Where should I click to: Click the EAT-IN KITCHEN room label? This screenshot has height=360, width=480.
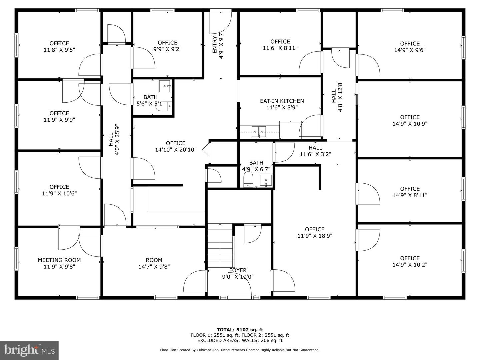(x=282, y=101)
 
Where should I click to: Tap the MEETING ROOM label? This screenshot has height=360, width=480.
(x=59, y=260)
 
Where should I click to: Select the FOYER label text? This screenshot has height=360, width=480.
(x=238, y=270)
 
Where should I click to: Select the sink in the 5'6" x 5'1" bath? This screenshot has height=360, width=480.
(x=165, y=86)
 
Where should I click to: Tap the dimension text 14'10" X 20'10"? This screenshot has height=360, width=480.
(x=176, y=150)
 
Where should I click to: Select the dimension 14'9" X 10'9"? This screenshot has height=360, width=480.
(x=410, y=124)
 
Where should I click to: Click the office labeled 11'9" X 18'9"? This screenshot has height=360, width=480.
(x=315, y=233)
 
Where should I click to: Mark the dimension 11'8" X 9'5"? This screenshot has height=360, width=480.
(x=59, y=50)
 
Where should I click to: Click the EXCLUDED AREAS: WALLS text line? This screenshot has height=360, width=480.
(x=240, y=340)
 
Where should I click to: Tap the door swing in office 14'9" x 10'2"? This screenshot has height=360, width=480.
(x=368, y=240)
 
